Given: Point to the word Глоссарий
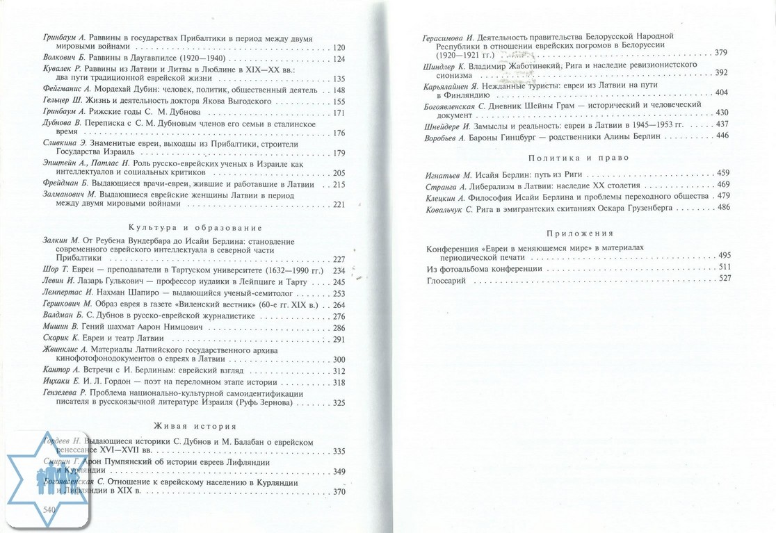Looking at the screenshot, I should [x=446, y=279].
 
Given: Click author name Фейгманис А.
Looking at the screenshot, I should [x=63, y=90].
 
